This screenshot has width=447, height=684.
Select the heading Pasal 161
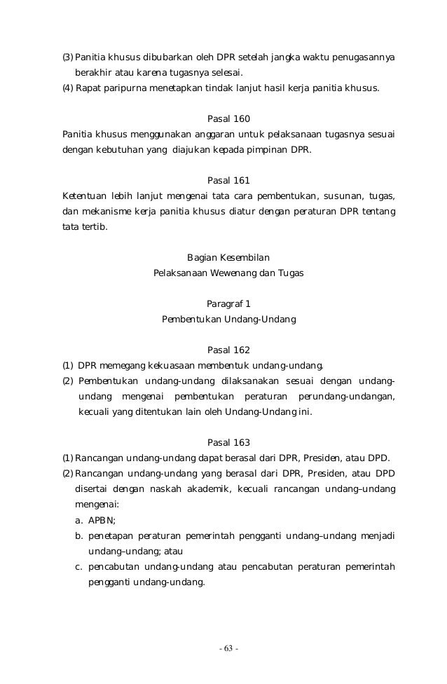228,179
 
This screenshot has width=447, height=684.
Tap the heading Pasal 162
228,350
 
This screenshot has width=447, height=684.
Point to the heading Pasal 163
228,442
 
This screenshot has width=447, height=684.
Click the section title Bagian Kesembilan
228,256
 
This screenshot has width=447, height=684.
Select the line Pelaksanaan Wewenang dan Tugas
228,273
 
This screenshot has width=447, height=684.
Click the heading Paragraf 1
228,303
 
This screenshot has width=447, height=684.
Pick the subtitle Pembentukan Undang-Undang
228,319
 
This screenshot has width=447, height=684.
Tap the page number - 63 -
228,648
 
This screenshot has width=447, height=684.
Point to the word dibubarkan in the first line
168,56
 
